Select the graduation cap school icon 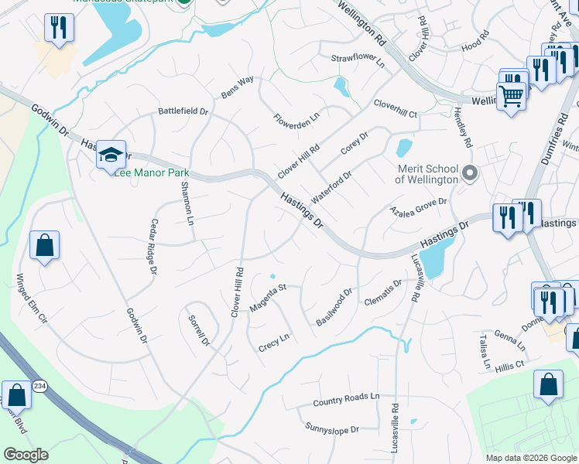[x=111, y=155]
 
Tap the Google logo [x=26, y=454]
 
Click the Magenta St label [x=268, y=298]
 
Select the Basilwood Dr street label [x=334, y=307]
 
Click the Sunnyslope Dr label [x=333, y=428]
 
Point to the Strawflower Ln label [x=358, y=60]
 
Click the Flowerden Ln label [x=296, y=120]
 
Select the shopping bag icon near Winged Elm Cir [x=45, y=247]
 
